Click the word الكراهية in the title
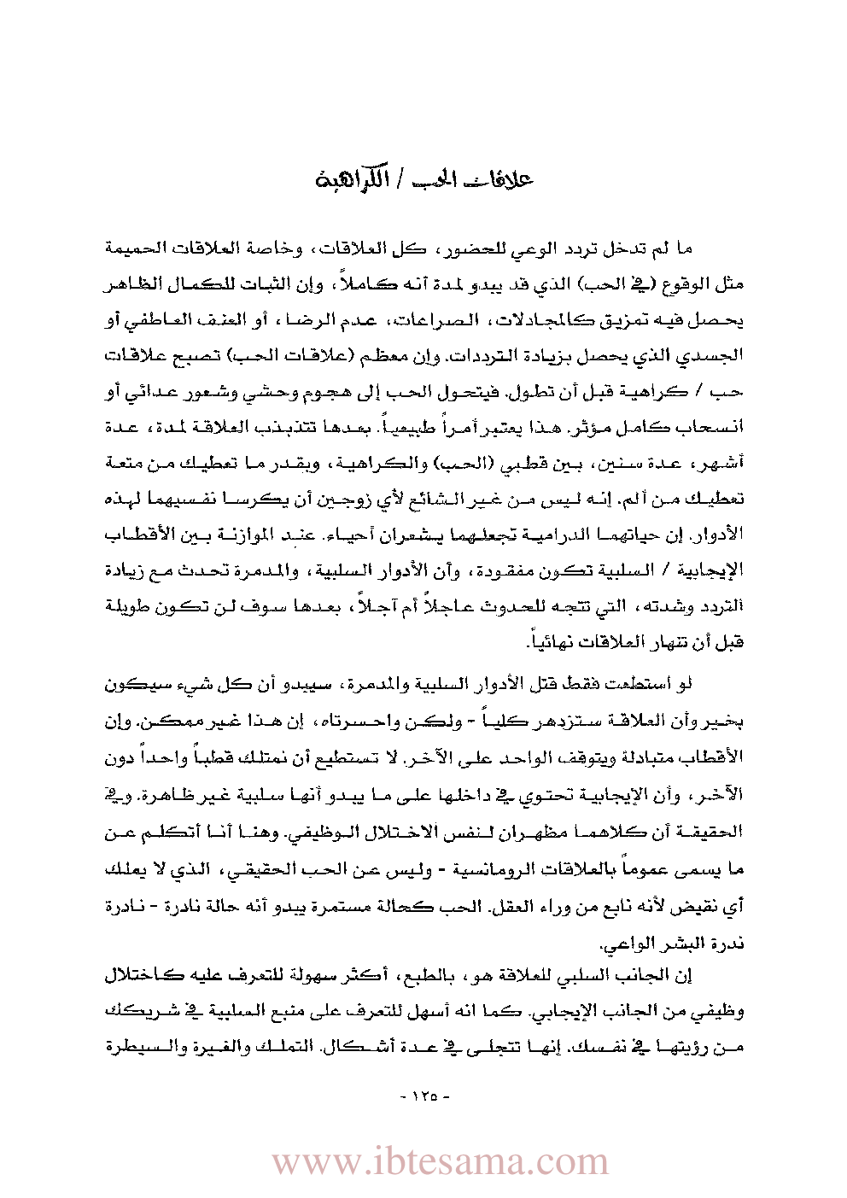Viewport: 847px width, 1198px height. point(351,180)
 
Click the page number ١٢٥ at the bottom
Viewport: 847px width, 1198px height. point(424,1096)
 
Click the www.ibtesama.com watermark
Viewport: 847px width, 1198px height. point(440,1161)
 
